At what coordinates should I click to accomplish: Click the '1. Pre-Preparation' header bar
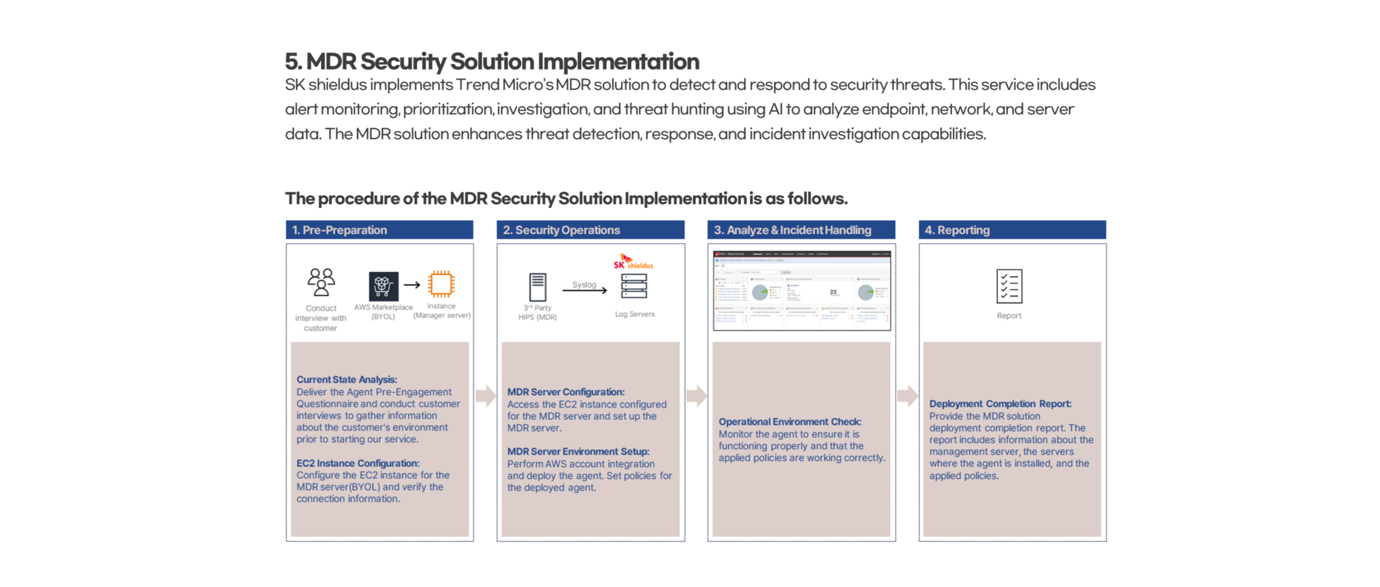click(379, 230)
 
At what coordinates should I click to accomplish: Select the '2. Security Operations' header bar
click(590, 230)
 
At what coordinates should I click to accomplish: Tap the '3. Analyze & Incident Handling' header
click(801, 230)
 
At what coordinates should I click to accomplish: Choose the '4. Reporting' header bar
click(1012, 230)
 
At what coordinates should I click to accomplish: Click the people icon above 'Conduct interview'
click(321, 282)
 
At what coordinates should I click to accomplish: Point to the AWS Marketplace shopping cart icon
click(383, 286)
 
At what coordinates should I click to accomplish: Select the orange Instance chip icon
click(441, 284)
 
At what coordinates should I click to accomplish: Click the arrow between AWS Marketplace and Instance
click(411, 285)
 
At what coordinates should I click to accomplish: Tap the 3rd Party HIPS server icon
click(537, 287)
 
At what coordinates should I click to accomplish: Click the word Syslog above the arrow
click(584, 285)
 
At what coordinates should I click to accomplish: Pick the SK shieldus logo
click(633, 261)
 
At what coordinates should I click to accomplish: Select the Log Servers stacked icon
click(634, 287)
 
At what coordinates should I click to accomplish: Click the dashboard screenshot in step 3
click(802, 290)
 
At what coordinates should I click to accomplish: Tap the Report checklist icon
click(1009, 287)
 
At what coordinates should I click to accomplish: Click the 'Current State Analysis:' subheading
click(347, 380)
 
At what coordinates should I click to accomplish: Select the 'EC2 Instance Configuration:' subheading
click(358, 463)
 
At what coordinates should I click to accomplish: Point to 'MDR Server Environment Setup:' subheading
click(578, 452)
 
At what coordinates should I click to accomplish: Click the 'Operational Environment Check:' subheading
click(789, 422)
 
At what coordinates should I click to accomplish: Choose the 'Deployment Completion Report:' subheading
click(1000, 404)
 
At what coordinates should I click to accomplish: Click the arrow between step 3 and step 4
click(907, 396)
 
